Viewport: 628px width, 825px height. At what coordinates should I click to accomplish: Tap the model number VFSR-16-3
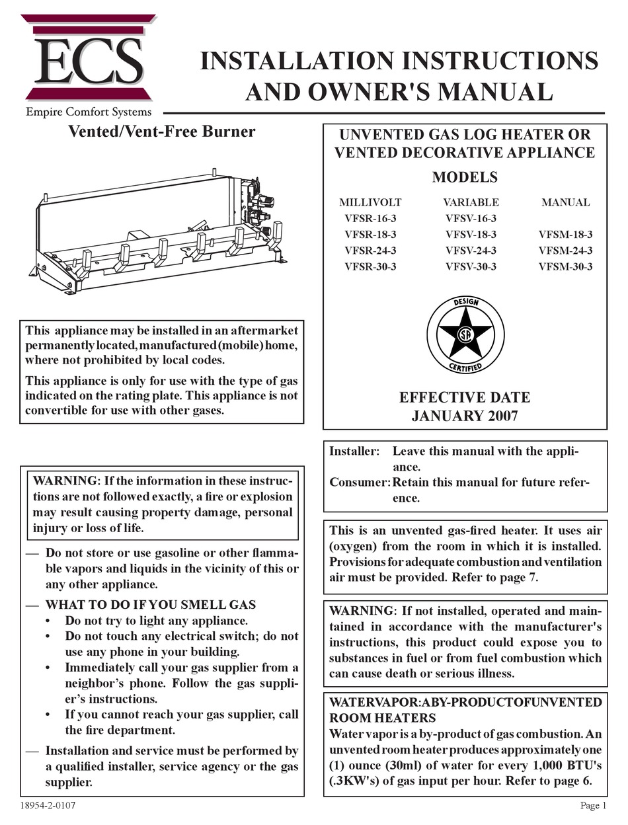click(370, 218)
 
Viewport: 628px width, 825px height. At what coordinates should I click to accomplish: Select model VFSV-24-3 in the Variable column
click(471, 251)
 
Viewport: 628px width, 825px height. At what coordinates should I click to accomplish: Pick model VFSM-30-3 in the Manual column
click(565, 267)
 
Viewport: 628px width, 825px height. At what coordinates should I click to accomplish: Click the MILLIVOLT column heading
click(370, 202)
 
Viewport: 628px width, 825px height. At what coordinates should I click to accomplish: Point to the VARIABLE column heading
click(471, 202)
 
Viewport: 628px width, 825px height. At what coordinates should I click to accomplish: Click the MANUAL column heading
click(565, 202)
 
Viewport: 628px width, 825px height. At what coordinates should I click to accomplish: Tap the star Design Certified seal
click(465, 334)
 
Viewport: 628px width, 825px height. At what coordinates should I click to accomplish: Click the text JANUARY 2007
click(465, 416)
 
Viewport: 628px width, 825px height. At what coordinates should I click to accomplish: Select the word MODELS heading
click(465, 177)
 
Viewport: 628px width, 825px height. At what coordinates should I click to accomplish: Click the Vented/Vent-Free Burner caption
click(162, 132)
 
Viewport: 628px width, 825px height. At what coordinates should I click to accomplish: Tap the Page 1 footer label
click(593, 805)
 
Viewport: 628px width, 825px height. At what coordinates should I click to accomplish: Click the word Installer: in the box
click(355, 451)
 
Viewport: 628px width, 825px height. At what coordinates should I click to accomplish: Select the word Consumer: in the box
click(360, 482)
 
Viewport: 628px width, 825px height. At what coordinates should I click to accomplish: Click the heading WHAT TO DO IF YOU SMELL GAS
click(150, 605)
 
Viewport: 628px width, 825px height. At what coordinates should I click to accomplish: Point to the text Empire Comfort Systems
click(89, 112)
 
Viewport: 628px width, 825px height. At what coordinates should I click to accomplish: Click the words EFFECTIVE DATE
click(465, 398)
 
